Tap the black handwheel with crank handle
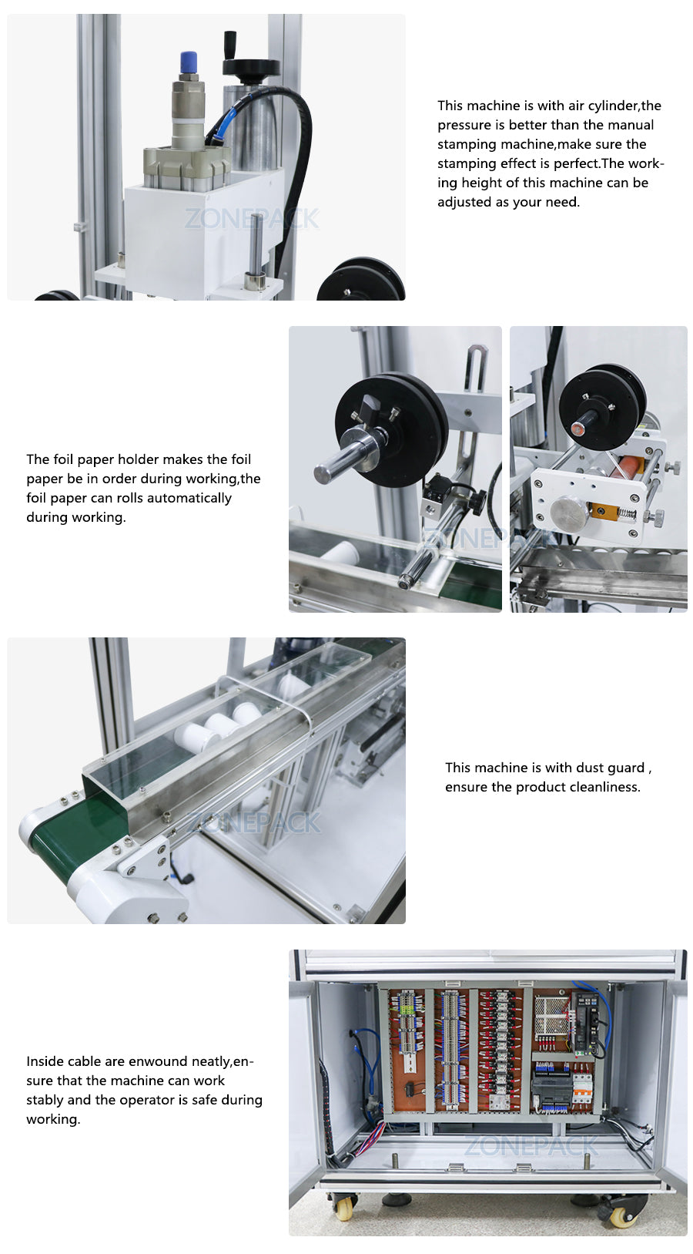pyautogui.click(x=250, y=68)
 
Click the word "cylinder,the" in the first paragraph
pyautogui.click(x=624, y=106)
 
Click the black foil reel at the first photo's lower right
pyautogui.click(x=361, y=281)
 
